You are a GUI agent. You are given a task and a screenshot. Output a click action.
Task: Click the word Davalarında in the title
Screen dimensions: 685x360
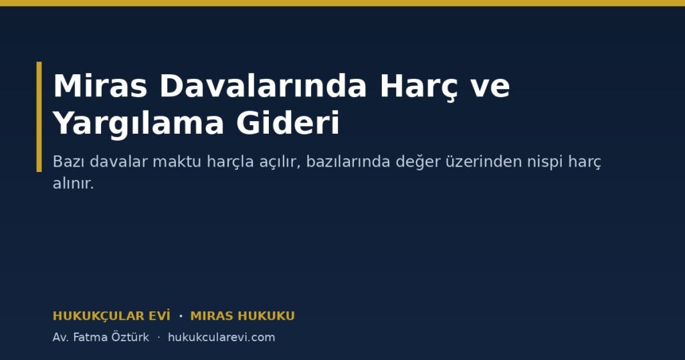[x=263, y=86]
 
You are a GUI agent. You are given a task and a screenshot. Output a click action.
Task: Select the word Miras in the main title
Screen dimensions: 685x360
[x=100, y=86]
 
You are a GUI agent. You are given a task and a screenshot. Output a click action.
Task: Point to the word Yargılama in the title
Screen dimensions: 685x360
[x=138, y=124]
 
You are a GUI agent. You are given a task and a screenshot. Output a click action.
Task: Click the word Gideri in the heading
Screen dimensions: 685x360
[x=288, y=122]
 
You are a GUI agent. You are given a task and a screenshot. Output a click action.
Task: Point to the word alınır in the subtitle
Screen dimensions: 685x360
[x=73, y=183]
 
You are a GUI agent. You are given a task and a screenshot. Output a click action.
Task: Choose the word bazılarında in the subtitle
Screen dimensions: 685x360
[x=348, y=162]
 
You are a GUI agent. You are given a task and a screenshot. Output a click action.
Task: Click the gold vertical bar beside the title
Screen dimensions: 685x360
[x=39, y=116]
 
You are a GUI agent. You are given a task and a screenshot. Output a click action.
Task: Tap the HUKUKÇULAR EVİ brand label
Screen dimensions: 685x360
[x=112, y=315]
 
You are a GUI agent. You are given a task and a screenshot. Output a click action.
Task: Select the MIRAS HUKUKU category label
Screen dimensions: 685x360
[x=242, y=316]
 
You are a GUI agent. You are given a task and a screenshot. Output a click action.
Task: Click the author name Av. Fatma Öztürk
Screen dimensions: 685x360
[x=101, y=337]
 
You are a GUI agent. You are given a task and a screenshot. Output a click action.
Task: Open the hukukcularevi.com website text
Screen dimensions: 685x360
[x=221, y=337]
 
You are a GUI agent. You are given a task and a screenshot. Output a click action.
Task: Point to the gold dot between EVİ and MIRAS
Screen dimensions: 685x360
[x=181, y=315]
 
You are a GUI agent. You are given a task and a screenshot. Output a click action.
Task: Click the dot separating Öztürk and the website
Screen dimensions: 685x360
[x=159, y=337]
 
